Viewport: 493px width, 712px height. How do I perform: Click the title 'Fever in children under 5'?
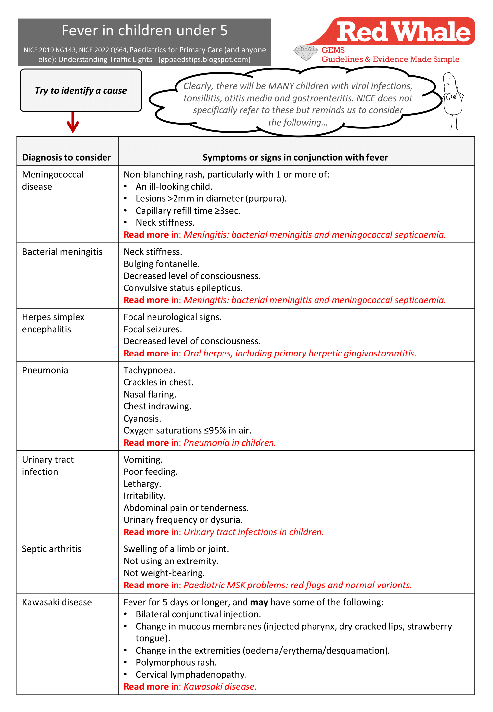(x=145, y=31)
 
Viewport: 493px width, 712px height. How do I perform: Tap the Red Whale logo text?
(x=404, y=32)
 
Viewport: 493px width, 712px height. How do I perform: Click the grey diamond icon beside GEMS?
(x=306, y=53)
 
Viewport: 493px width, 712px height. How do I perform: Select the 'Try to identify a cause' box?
(x=81, y=90)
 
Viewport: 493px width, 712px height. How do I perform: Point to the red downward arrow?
(x=73, y=123)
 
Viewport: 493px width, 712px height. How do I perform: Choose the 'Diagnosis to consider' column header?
(x=66, y=157)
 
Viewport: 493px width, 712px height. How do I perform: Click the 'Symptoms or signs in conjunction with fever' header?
(x=295, y=157)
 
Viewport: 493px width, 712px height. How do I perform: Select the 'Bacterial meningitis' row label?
(x=62, y=252)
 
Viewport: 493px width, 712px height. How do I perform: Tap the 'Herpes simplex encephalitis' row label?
(x=53, y=323)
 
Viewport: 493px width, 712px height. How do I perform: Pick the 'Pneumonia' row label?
(x=45, y=370)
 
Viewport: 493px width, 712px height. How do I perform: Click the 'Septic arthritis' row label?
(x=52, y=549)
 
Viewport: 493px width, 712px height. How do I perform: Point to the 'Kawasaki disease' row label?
(x=57, y=602)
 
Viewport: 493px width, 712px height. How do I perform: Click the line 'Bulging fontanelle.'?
(x=161, y=264)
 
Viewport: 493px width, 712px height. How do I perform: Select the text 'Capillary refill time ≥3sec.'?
(x=188, y=211)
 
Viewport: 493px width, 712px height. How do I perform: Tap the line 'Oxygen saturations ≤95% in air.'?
(x=187, y=430)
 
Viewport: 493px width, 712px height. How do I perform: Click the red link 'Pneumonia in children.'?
(x=230, y=443)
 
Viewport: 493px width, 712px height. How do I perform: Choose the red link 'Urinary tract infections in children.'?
(x=253, y=532)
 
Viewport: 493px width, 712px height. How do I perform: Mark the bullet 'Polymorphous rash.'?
(x=176, y=662)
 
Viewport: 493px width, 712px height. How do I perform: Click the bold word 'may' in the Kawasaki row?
(x=259, y=602)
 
